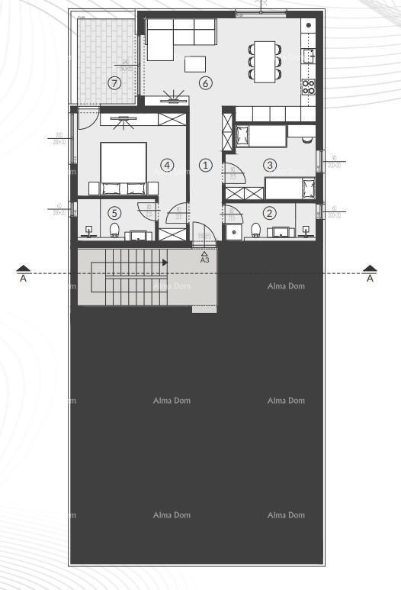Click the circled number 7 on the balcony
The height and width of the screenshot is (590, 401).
(x=115, y=83)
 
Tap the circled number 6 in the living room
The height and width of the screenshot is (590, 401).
(x=205, y=83)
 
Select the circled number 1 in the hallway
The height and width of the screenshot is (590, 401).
(x=205, y=165)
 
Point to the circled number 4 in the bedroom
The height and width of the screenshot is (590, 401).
(x=167, y=164)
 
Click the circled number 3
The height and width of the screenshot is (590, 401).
(x=270, y=164)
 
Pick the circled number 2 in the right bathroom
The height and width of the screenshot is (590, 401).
(x=269, y=214)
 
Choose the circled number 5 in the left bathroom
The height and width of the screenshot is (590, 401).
(x=115, y=214)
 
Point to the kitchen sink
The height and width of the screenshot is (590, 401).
(x=310, y=56)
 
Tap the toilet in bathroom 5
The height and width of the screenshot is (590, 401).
(x=115, y=231)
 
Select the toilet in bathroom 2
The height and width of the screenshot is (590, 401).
(x=256, y=231)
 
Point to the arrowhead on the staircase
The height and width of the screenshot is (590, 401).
(x=164, y=262)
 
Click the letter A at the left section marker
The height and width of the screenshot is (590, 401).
(x=24, y=279)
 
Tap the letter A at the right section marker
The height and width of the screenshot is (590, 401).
(x=370, y=279)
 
